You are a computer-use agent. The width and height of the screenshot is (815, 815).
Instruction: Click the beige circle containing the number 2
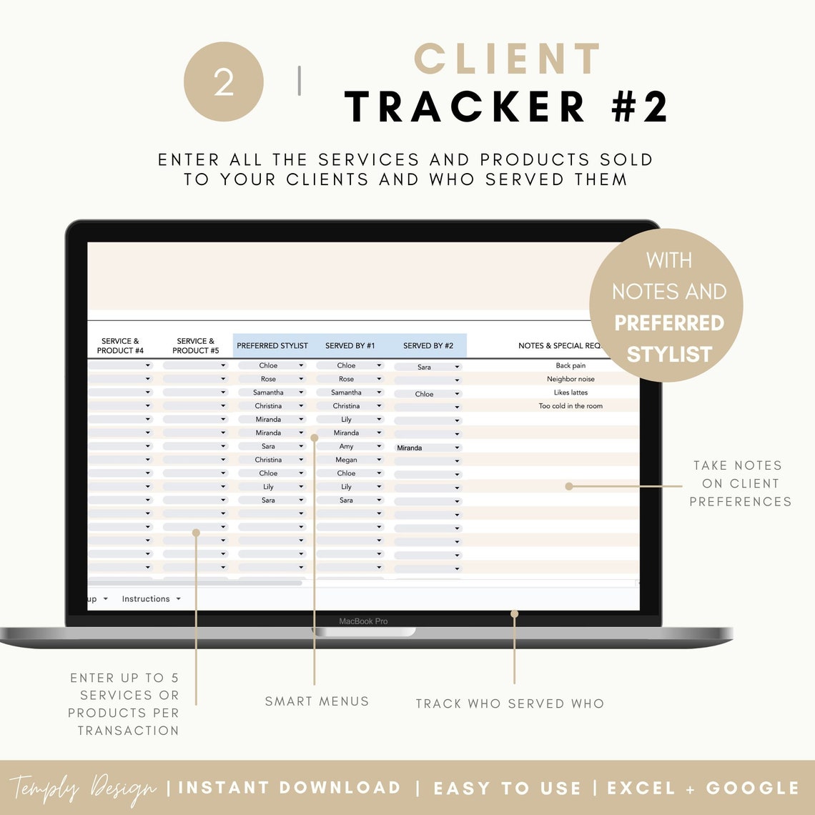(224, 82)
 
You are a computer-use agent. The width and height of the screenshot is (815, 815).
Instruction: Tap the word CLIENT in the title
(508, 59)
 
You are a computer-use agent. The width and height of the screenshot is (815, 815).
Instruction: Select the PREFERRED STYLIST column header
(272, 346)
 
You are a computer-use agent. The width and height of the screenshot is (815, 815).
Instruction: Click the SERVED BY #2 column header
(428, 346)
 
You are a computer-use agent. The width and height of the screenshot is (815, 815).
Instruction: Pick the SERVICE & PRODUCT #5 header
(195, 346)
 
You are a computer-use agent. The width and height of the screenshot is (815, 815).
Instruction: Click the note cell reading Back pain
(570, 366)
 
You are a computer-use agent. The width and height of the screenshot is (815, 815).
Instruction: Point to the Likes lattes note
(570, 392)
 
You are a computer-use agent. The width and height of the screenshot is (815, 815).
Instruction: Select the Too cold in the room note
(570, 406)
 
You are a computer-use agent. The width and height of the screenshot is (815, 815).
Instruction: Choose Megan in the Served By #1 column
(346, 460)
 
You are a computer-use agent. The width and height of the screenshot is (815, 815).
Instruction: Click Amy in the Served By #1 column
(346, 447)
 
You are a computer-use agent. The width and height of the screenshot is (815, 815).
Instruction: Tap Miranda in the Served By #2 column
(410, 448)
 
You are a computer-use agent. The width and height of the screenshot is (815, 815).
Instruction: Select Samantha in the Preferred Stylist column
(268, 392)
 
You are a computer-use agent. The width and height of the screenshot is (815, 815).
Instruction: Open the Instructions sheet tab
(146, 599)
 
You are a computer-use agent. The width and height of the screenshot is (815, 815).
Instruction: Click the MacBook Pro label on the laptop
(363, 621)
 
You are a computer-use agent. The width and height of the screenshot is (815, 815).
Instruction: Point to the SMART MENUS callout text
(317, 701)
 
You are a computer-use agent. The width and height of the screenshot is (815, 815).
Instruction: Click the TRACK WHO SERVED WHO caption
(510, 704)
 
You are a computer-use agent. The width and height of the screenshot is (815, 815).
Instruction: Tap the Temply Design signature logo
(82, 789)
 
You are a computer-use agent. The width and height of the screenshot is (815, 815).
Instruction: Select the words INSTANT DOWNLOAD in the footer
(290, 788)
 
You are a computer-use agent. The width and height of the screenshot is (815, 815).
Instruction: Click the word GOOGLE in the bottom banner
(752, 788)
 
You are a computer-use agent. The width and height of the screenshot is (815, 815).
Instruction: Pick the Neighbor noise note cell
(570, 380)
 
